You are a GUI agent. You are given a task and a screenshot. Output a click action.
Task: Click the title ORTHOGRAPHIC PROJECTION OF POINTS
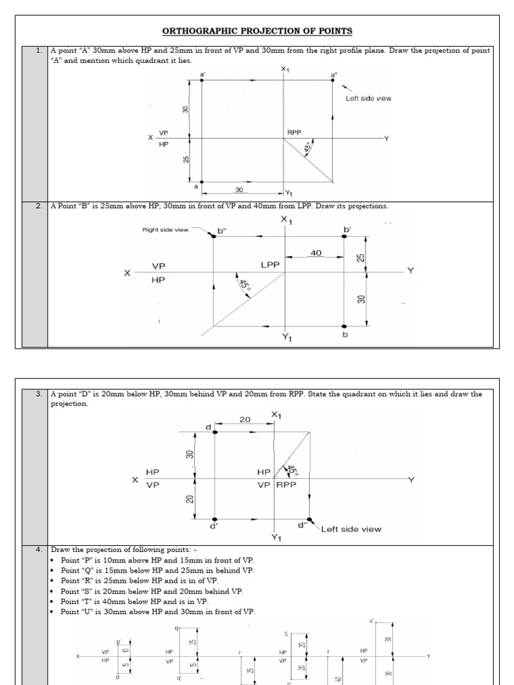(x=258, y=31)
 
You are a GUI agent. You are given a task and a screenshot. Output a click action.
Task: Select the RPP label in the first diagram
(x=294, y=132)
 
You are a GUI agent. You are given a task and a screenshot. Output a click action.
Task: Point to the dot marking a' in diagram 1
(x=201, y=80)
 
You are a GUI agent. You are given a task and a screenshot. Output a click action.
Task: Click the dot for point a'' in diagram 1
(x=333, y=80)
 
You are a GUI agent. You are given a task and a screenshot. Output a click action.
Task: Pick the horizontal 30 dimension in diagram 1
(x=239, y=190)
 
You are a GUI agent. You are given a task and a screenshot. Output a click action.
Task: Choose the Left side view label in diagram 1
(x=368, y=98)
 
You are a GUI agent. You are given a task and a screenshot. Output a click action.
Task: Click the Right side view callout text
(x=165, y=229)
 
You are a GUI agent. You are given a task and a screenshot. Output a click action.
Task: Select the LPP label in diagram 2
(x=270, y=266)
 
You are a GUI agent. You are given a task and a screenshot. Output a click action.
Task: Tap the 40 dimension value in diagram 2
(x=315, y=253)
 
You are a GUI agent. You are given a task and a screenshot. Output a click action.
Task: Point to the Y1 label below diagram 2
(x=286, y=337)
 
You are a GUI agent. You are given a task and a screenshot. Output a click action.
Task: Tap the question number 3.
(x=39, y=394)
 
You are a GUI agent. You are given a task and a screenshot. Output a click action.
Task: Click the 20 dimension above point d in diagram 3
(x=245, y=420)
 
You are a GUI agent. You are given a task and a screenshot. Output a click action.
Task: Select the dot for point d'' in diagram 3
(x=309, y=519)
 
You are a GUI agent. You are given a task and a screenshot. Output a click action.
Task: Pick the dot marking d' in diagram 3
(x=215, y=519)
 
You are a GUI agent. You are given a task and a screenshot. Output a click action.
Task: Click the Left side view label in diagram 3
(x=351, y=529)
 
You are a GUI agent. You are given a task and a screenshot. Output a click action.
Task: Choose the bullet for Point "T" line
(x=53, y=601)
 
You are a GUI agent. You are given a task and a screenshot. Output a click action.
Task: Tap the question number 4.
(x=39, y=549)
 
